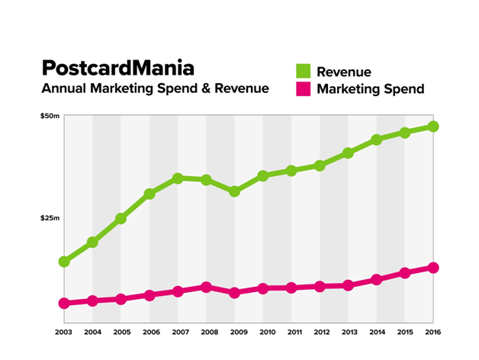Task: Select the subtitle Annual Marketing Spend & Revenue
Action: point(155,89)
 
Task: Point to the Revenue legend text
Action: point(344,72)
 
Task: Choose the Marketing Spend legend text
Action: point(370,89)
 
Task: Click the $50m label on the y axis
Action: point(50,116)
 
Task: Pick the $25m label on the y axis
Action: point(50,218)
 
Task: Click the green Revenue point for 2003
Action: point(65,262)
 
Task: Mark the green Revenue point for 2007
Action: point(178,178)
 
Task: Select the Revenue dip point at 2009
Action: point(235,191)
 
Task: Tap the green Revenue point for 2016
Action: point(433,126)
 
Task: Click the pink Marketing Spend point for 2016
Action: point(433,268)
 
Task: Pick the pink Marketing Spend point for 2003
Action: point(65,304)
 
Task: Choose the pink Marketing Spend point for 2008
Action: point(206,287)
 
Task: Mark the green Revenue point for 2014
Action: point(377,140)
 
